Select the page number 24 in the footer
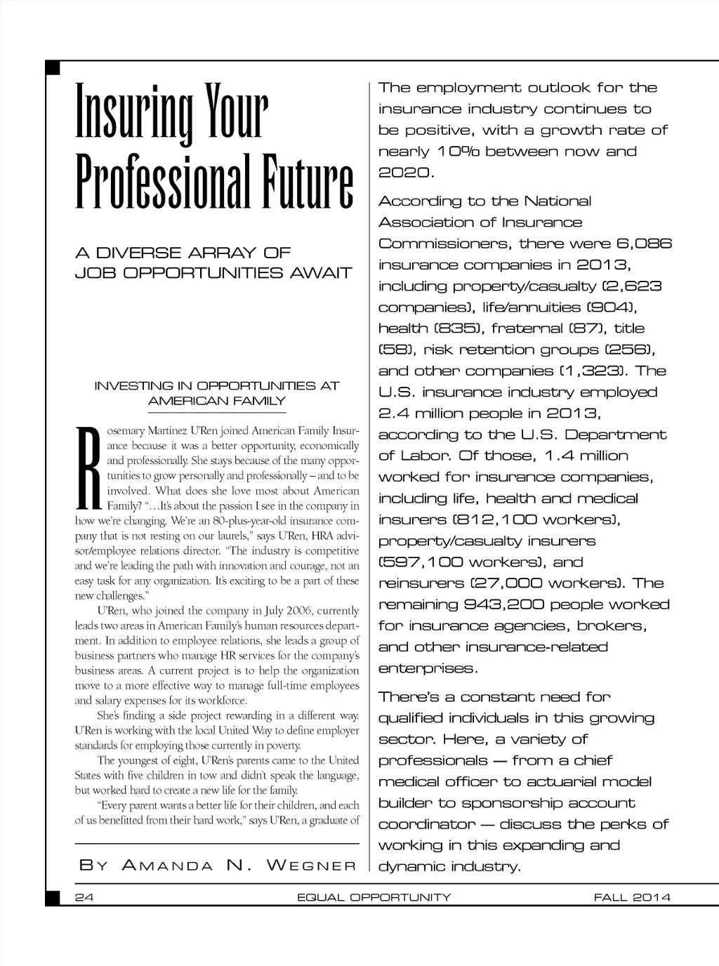[85, 897]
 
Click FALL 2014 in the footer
[632, 897]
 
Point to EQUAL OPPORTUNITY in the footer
[374, 897]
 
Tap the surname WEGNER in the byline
[311, 866]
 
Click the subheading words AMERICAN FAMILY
[217, 401]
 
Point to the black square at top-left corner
[52, 68]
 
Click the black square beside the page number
[52, 898]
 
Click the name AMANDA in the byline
[168, 866]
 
